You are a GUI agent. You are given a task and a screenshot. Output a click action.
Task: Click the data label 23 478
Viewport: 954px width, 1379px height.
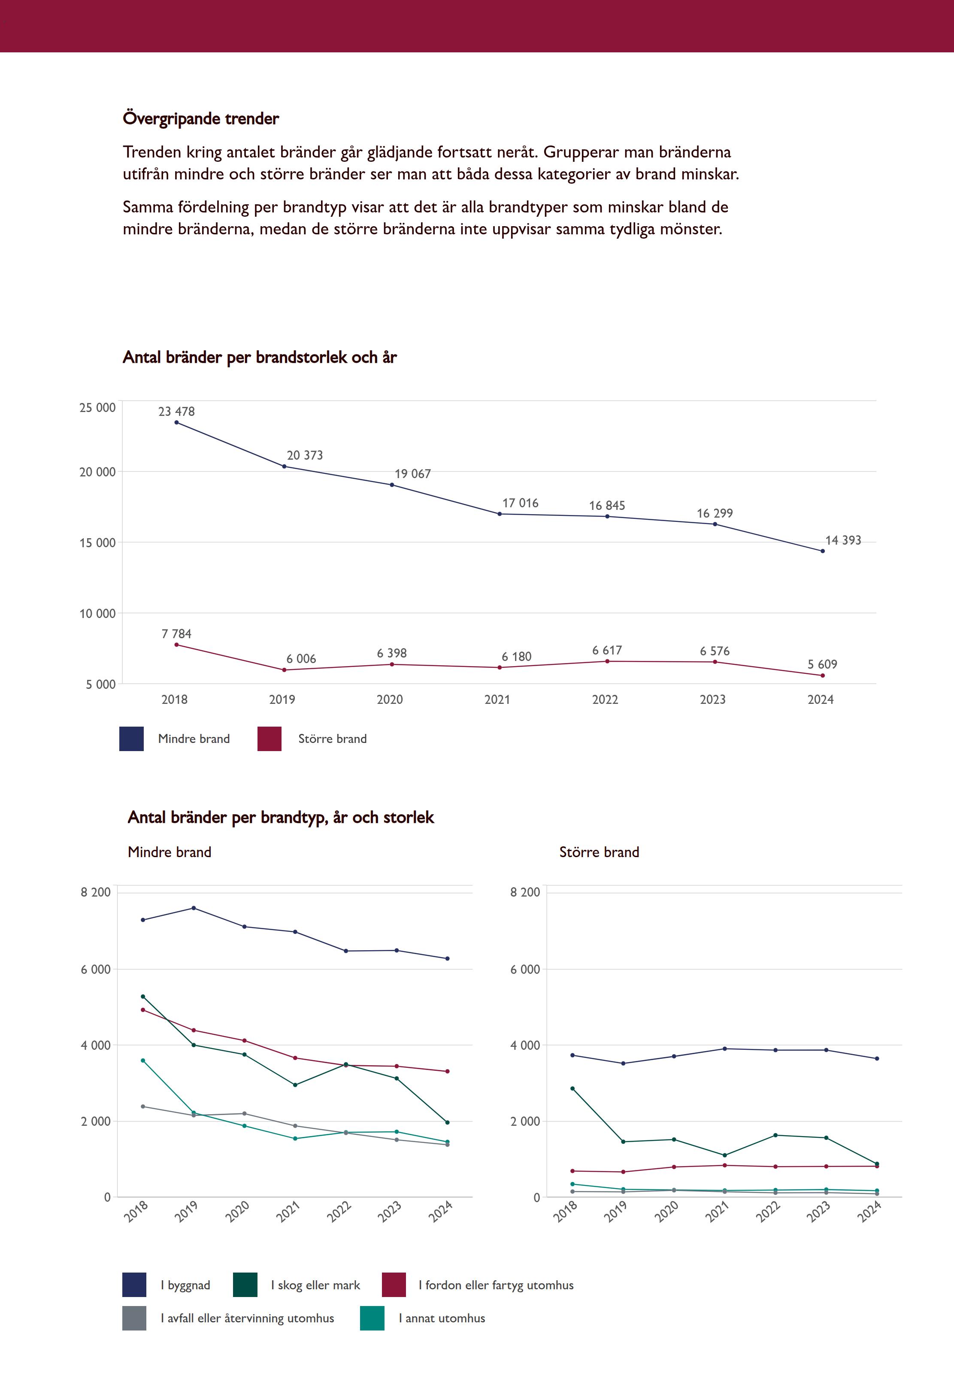coord(176,411)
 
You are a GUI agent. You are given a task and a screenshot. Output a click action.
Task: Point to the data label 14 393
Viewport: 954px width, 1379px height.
coord(843,540)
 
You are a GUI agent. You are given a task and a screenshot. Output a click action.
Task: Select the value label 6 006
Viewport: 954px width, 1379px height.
coord(301,659)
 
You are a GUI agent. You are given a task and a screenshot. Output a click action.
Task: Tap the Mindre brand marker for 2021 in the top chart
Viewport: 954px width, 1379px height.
coord(500,514)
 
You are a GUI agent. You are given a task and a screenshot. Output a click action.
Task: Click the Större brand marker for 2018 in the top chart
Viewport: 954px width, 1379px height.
coord(176,644)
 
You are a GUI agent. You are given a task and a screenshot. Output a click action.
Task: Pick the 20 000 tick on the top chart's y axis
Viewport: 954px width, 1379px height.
coord(97,472)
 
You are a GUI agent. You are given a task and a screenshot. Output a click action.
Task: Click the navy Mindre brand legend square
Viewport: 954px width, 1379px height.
coord(131,739)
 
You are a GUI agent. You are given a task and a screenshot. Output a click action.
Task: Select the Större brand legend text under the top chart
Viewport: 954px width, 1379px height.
coord(332,739)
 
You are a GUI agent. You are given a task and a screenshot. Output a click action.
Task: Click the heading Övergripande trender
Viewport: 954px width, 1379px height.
coord(201,118)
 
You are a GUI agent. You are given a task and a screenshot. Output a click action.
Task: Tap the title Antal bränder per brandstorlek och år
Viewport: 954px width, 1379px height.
coord(259,358)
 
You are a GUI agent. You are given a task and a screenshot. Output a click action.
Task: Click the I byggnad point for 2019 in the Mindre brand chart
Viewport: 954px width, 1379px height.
coord(194,908)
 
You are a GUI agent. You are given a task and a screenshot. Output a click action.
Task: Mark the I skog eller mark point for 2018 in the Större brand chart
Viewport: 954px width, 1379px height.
coord(572,1088)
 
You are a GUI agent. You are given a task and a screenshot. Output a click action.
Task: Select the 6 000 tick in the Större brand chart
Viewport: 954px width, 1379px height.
coord(525,970)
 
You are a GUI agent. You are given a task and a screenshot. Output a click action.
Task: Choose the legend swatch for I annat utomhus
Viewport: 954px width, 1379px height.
coord(372,1318)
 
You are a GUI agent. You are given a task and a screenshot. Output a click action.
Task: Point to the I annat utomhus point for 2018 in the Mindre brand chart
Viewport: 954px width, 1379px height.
coord(143,1061)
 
